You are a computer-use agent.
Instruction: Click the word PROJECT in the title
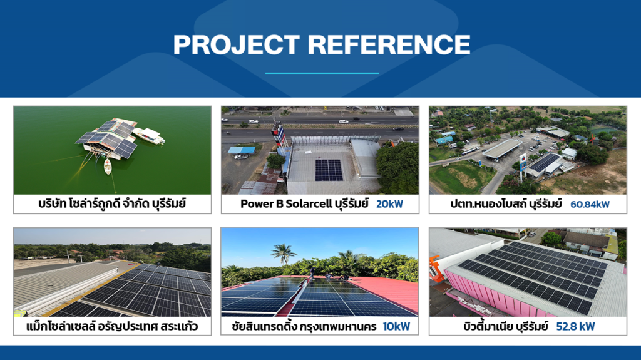pos(236,44)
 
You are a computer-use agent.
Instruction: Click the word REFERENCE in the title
pos(389,44)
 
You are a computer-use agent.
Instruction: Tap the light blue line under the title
pos(322,73)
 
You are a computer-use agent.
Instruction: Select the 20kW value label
pos(389,203)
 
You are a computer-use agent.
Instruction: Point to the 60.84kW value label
pos(590,204)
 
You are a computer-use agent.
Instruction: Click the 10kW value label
pos(396,326)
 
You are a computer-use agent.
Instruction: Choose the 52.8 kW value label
pos(575,326)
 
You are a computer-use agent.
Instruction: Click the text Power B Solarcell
pos(285,203)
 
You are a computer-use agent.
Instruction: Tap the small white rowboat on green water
pos(108,166)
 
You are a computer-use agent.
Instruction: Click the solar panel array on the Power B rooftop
pos(329,170)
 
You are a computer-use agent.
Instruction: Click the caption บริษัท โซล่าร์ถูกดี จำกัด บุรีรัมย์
pos(112,203)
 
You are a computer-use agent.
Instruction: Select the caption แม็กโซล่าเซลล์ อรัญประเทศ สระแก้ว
pos(112,326)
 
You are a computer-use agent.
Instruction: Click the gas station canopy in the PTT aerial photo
pos(502,148)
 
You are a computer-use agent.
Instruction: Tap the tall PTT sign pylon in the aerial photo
pos(523,167)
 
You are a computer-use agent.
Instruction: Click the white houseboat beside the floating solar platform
pos(149,135)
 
